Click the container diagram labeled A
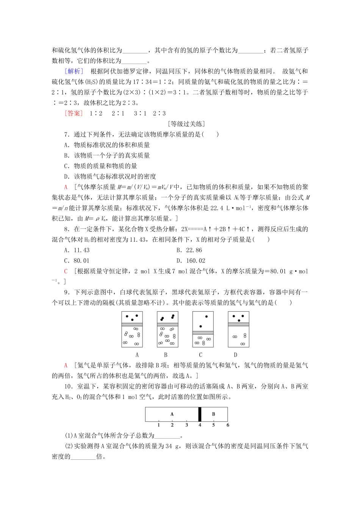132,329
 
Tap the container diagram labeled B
167,329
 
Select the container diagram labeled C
203,329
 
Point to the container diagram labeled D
238,329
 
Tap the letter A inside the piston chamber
172,414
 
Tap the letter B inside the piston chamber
213,414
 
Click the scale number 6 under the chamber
228,425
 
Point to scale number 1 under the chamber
158,425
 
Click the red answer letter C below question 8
66,271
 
